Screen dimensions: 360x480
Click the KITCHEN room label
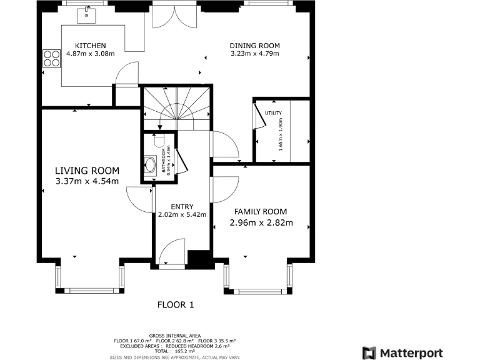point(91,46)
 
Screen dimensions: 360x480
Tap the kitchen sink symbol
point(87,14)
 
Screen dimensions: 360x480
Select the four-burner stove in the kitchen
point(49,58)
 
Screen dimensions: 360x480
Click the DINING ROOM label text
point(254,46)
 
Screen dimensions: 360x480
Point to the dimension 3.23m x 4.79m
point(254,54)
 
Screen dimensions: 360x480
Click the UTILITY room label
point(273,113)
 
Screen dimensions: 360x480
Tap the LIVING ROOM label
point(87,171)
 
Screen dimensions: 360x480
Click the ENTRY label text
point(182,207)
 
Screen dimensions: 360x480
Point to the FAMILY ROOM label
point(261,211)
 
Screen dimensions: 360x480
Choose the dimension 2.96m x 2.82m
point(261,222)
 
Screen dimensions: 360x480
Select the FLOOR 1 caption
point(176,305)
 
